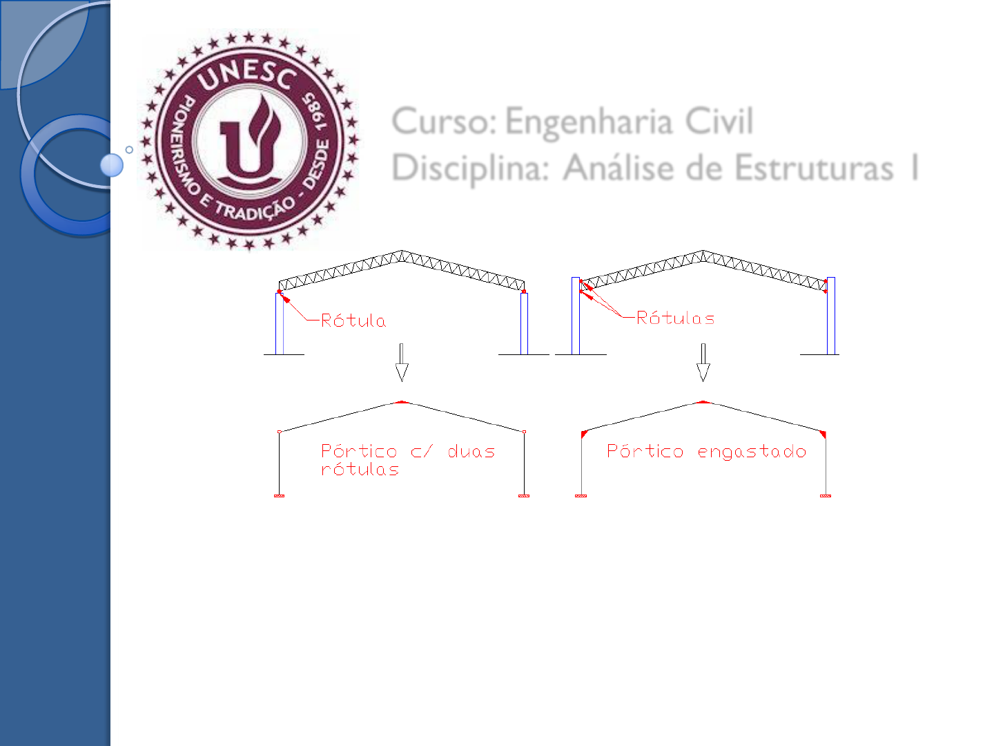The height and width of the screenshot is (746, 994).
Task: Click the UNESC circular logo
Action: [x=249, y=140]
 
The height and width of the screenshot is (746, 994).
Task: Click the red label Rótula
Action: [x=353, y=320]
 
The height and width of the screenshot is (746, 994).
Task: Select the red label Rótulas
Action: [x=675, y=318]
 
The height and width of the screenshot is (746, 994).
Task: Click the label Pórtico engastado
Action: [x=706, y=451]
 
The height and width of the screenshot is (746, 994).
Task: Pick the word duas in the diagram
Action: [x=471, y=452]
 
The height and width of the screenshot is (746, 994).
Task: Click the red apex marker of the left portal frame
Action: [x=402, y=402]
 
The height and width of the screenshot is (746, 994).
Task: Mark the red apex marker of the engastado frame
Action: [x=703, y=401]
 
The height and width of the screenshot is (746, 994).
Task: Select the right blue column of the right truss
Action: [x=830, y=316]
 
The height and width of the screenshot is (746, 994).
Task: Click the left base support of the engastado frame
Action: [x=581, y=495]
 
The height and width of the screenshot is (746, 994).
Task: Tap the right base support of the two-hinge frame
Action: [x=524, y=495]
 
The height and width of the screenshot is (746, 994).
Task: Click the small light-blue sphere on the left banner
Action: [x=112, y=165]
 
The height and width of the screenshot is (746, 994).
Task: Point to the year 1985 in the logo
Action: [x=315, y=113]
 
